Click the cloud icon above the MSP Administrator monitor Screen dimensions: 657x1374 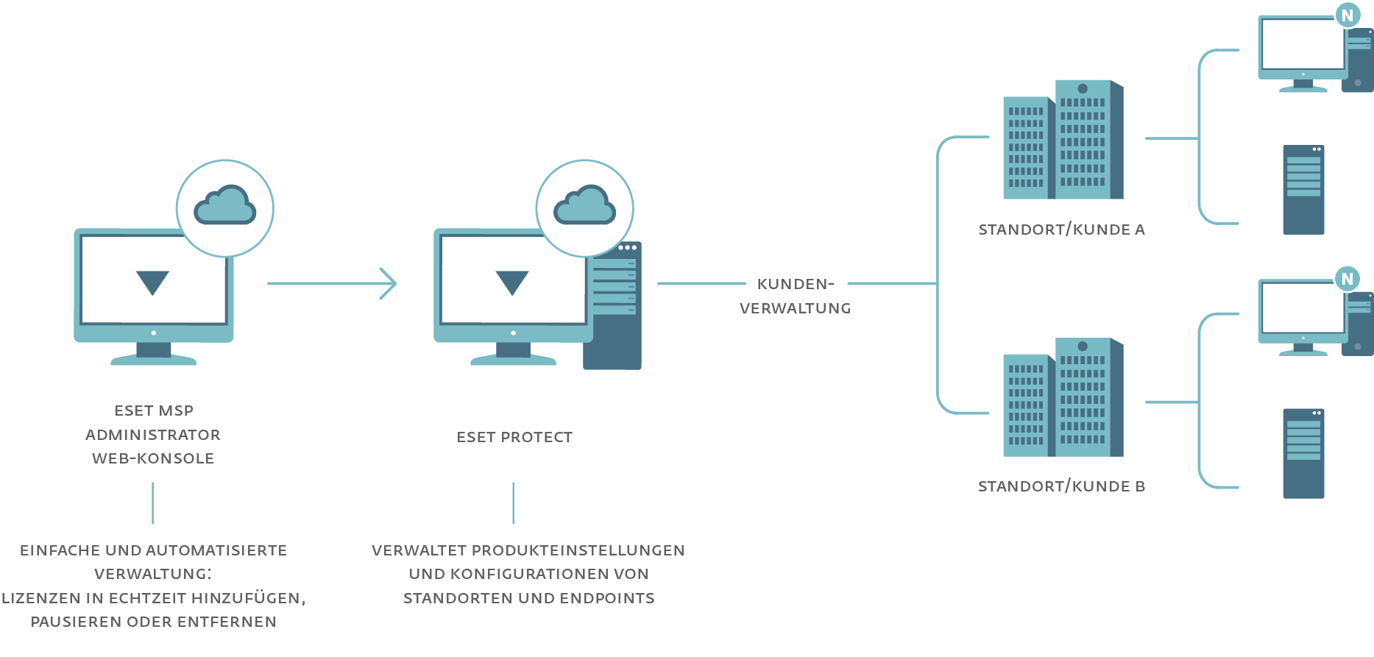[225, 205]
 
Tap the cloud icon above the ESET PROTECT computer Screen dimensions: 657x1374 [584, 205]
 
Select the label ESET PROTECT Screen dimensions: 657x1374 [514, 437]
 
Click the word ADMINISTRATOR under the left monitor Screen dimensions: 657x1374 [153, 435]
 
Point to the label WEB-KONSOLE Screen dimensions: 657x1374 [153, 458]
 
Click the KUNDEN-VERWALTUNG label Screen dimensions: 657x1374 [796, 296]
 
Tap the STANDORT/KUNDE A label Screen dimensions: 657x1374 [1061, 230]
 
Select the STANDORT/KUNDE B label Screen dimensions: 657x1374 [1061, 486]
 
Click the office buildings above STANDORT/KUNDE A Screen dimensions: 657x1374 [1063, 141]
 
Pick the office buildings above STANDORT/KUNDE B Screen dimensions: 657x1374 [1063, 398]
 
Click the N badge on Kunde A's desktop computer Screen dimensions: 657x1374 [1348, 15]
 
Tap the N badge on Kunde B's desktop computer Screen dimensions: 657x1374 [1348, 280]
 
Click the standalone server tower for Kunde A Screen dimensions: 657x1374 [1303, 190]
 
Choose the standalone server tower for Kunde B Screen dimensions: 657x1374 [1303, 454]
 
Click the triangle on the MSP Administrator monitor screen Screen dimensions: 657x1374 [153, 282]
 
